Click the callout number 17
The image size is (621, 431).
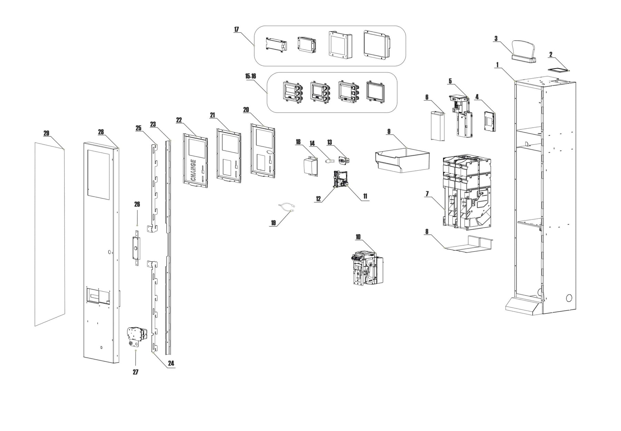coord(236,30)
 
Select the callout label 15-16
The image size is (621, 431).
coord(250,76)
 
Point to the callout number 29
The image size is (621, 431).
coord(47,133)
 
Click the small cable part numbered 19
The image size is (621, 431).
coord(286,208)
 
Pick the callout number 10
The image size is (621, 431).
coord(358,237)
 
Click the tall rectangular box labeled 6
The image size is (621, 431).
coord(437,126)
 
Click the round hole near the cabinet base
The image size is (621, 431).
coord(569,297)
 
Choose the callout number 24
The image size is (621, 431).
coord(171,363)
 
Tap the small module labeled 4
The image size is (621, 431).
coord(490,121)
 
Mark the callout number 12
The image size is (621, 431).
coord(318,199)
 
